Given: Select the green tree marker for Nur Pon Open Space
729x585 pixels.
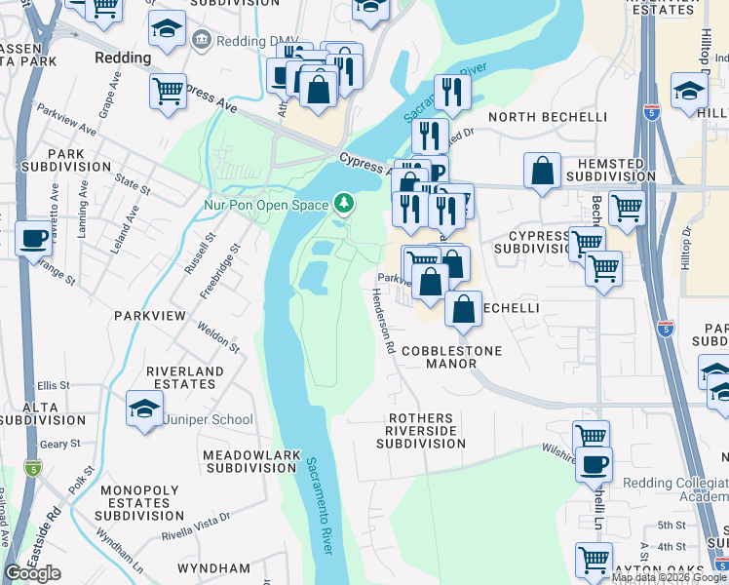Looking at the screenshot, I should click(x=343, y=204).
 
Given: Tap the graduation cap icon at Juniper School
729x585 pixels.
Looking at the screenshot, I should click(x=144, y=409).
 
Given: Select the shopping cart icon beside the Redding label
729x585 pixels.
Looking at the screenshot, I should click(x=168, y=93).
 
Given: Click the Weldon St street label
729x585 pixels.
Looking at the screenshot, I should click(x=218, y=336).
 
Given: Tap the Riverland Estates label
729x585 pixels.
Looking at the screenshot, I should click(x=184, y=378).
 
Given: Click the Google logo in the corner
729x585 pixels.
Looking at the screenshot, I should click(x=32, y=573).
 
